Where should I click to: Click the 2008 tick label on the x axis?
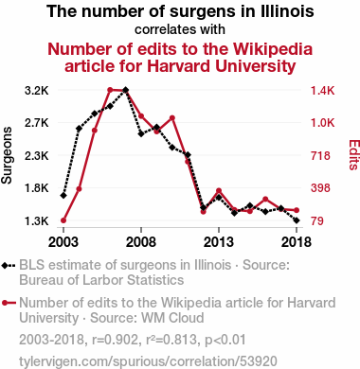point(141,242)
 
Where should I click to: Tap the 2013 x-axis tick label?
point(219,242)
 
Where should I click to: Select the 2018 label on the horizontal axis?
point(297,242)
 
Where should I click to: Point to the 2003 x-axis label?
point(63,242)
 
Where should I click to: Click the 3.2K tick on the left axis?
point(37,91)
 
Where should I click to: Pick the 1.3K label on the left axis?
point(37,221)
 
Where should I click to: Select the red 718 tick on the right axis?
point(320,156)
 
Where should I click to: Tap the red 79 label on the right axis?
point(317,221)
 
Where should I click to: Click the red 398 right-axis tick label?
point(320,188)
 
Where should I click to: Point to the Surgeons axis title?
point(7,155)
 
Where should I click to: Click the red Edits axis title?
point(354,155)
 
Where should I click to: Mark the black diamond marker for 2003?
point(63,196)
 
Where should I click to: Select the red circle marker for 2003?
point(63,220)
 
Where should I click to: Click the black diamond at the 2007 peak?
point(125,90)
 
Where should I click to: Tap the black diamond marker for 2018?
point(297,220)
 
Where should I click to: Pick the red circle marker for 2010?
point(172,118)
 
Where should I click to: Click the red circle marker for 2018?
point(297,210)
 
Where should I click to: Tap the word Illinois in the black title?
point(287,11)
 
